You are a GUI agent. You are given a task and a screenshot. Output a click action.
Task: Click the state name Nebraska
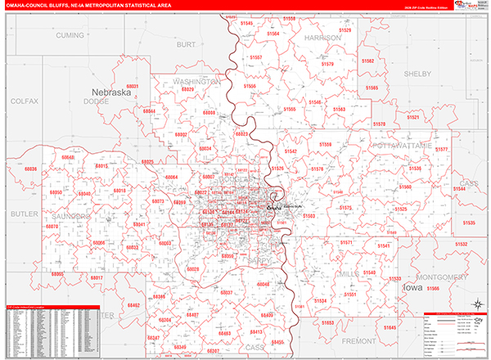(111, 92)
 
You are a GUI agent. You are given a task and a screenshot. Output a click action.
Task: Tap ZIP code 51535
(468, 223)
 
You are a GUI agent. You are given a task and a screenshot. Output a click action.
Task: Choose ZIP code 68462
(133, 304)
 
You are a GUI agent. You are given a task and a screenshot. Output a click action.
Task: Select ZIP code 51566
(433, 289)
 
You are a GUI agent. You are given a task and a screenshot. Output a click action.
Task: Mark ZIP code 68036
(31, 169)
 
